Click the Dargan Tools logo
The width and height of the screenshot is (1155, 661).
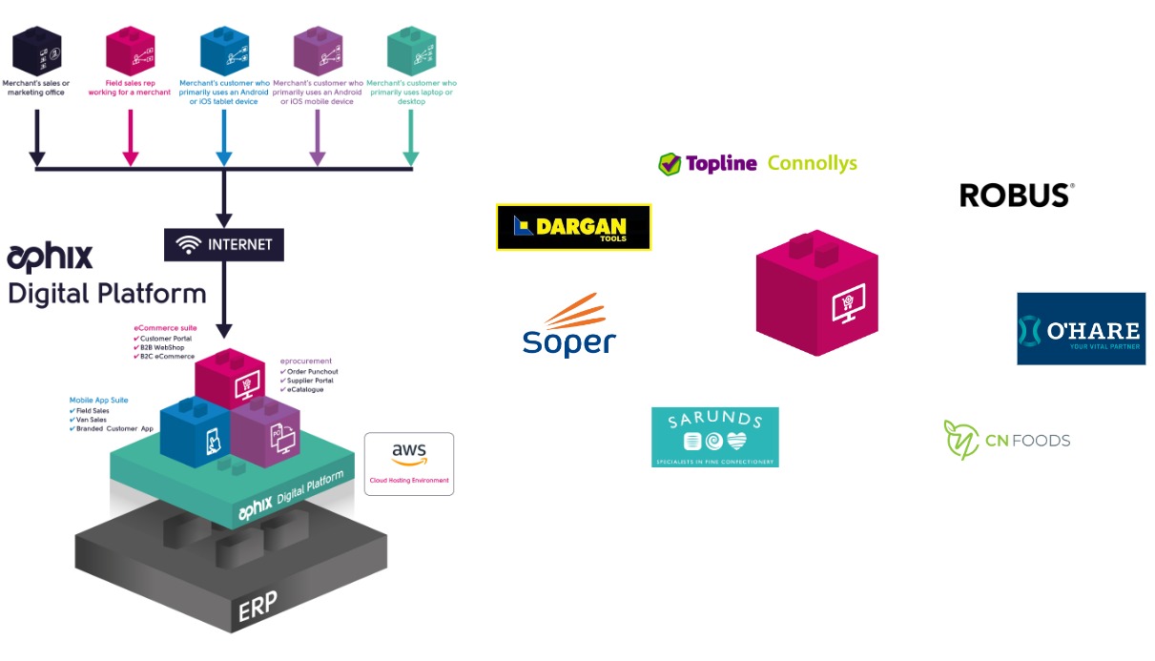point(573,227)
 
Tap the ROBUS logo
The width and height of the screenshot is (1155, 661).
point(1017,196)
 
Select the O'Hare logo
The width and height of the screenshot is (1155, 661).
point(1081,329)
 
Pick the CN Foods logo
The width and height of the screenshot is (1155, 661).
point(1007,440)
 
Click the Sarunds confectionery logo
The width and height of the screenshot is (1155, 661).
point(714,437)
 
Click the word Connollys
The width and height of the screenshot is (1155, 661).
point(812,163)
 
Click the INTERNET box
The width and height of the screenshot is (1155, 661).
point(224,244)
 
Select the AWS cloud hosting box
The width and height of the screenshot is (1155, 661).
point(408,464)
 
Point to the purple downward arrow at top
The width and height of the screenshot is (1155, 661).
point(318,140)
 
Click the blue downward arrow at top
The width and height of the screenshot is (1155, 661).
point(224,140)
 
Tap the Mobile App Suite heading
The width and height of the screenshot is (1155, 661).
point(98,401)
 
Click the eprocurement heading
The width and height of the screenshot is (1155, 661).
point(305,361)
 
